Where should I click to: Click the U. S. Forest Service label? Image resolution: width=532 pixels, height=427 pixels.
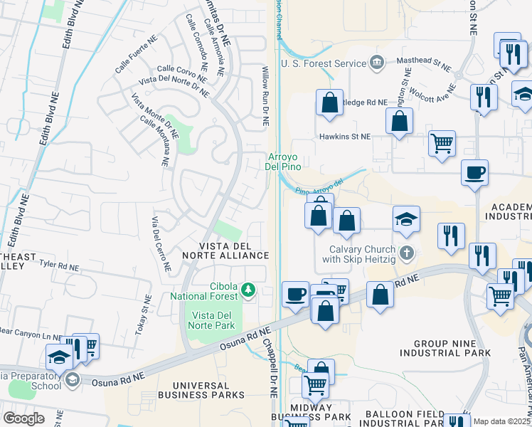pyautogui.click(x=324, y=63)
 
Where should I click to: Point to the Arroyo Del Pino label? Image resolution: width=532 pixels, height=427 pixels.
pyautogui.click(x=284, y=162)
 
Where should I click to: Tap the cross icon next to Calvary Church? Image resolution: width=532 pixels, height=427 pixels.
pyautogui.click(x=407, y=253)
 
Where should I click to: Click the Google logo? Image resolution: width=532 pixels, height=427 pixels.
pyautogui.click(x=23, y=418)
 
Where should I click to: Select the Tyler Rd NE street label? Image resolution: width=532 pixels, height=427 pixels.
pyautogui.click(x=60, y=265)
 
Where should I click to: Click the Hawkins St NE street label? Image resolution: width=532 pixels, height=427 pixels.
pyautogui.click(x=345, y=136)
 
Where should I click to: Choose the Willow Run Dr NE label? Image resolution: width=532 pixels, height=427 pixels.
pyautogui.click(x=265, y=96)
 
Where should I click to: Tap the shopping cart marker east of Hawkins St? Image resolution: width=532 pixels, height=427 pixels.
pyautogui.click(x=442, y=143)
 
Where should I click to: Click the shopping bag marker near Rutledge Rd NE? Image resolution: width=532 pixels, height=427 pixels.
pyautogui.click(x=329, y=102)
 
